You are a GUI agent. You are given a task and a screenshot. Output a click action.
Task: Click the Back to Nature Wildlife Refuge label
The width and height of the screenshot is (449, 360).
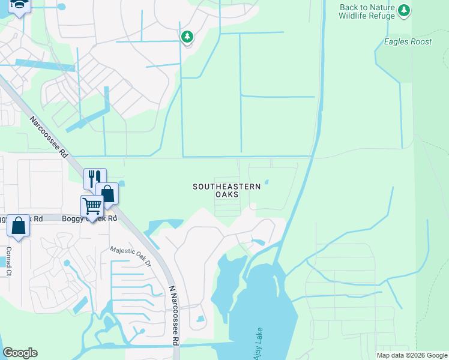pyautogui.click(x=367, y=11)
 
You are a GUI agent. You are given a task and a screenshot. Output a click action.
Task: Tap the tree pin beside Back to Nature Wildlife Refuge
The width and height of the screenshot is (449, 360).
pyautogui.click(x=405, y=10)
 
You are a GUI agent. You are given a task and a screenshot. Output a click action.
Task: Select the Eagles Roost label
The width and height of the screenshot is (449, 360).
pyautogui.click(x=407, y=41)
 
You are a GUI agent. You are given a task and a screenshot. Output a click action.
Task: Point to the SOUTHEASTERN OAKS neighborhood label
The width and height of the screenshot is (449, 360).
pyautogui.click(x=226, y=191)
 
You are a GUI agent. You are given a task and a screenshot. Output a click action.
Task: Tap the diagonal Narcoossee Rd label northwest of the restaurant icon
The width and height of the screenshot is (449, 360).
pyautogui.click(x=49, y=137)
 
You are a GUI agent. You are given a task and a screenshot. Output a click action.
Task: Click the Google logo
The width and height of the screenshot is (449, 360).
pyautogui.click(x=20, y=353)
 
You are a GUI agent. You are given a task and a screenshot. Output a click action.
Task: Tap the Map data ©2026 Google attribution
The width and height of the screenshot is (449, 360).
pyautogui.click(x=412, y=355)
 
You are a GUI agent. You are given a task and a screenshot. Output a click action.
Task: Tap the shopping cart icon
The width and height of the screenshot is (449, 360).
pyautogui.click(x=92, y=206)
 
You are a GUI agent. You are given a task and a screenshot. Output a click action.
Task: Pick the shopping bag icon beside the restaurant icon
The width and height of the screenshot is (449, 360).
pyautogui.click(x=107, y=193)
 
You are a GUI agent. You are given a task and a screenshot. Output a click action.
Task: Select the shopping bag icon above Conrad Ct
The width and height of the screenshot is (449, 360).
pyautogui.click(x=19, y=226)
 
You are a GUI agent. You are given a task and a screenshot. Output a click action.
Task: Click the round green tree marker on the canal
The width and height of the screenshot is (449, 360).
pyautogui.click(x=187, y=37)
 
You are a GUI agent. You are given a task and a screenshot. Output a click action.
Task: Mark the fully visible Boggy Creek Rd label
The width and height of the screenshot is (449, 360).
pyautogui.click(x=89, y=219)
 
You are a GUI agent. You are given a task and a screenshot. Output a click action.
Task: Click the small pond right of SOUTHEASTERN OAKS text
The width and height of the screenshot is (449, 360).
pyautogui.click(x=267, y=182)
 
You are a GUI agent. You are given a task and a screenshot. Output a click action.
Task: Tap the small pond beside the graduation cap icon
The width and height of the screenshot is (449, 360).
pyautogui.click(x=61, y=8)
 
